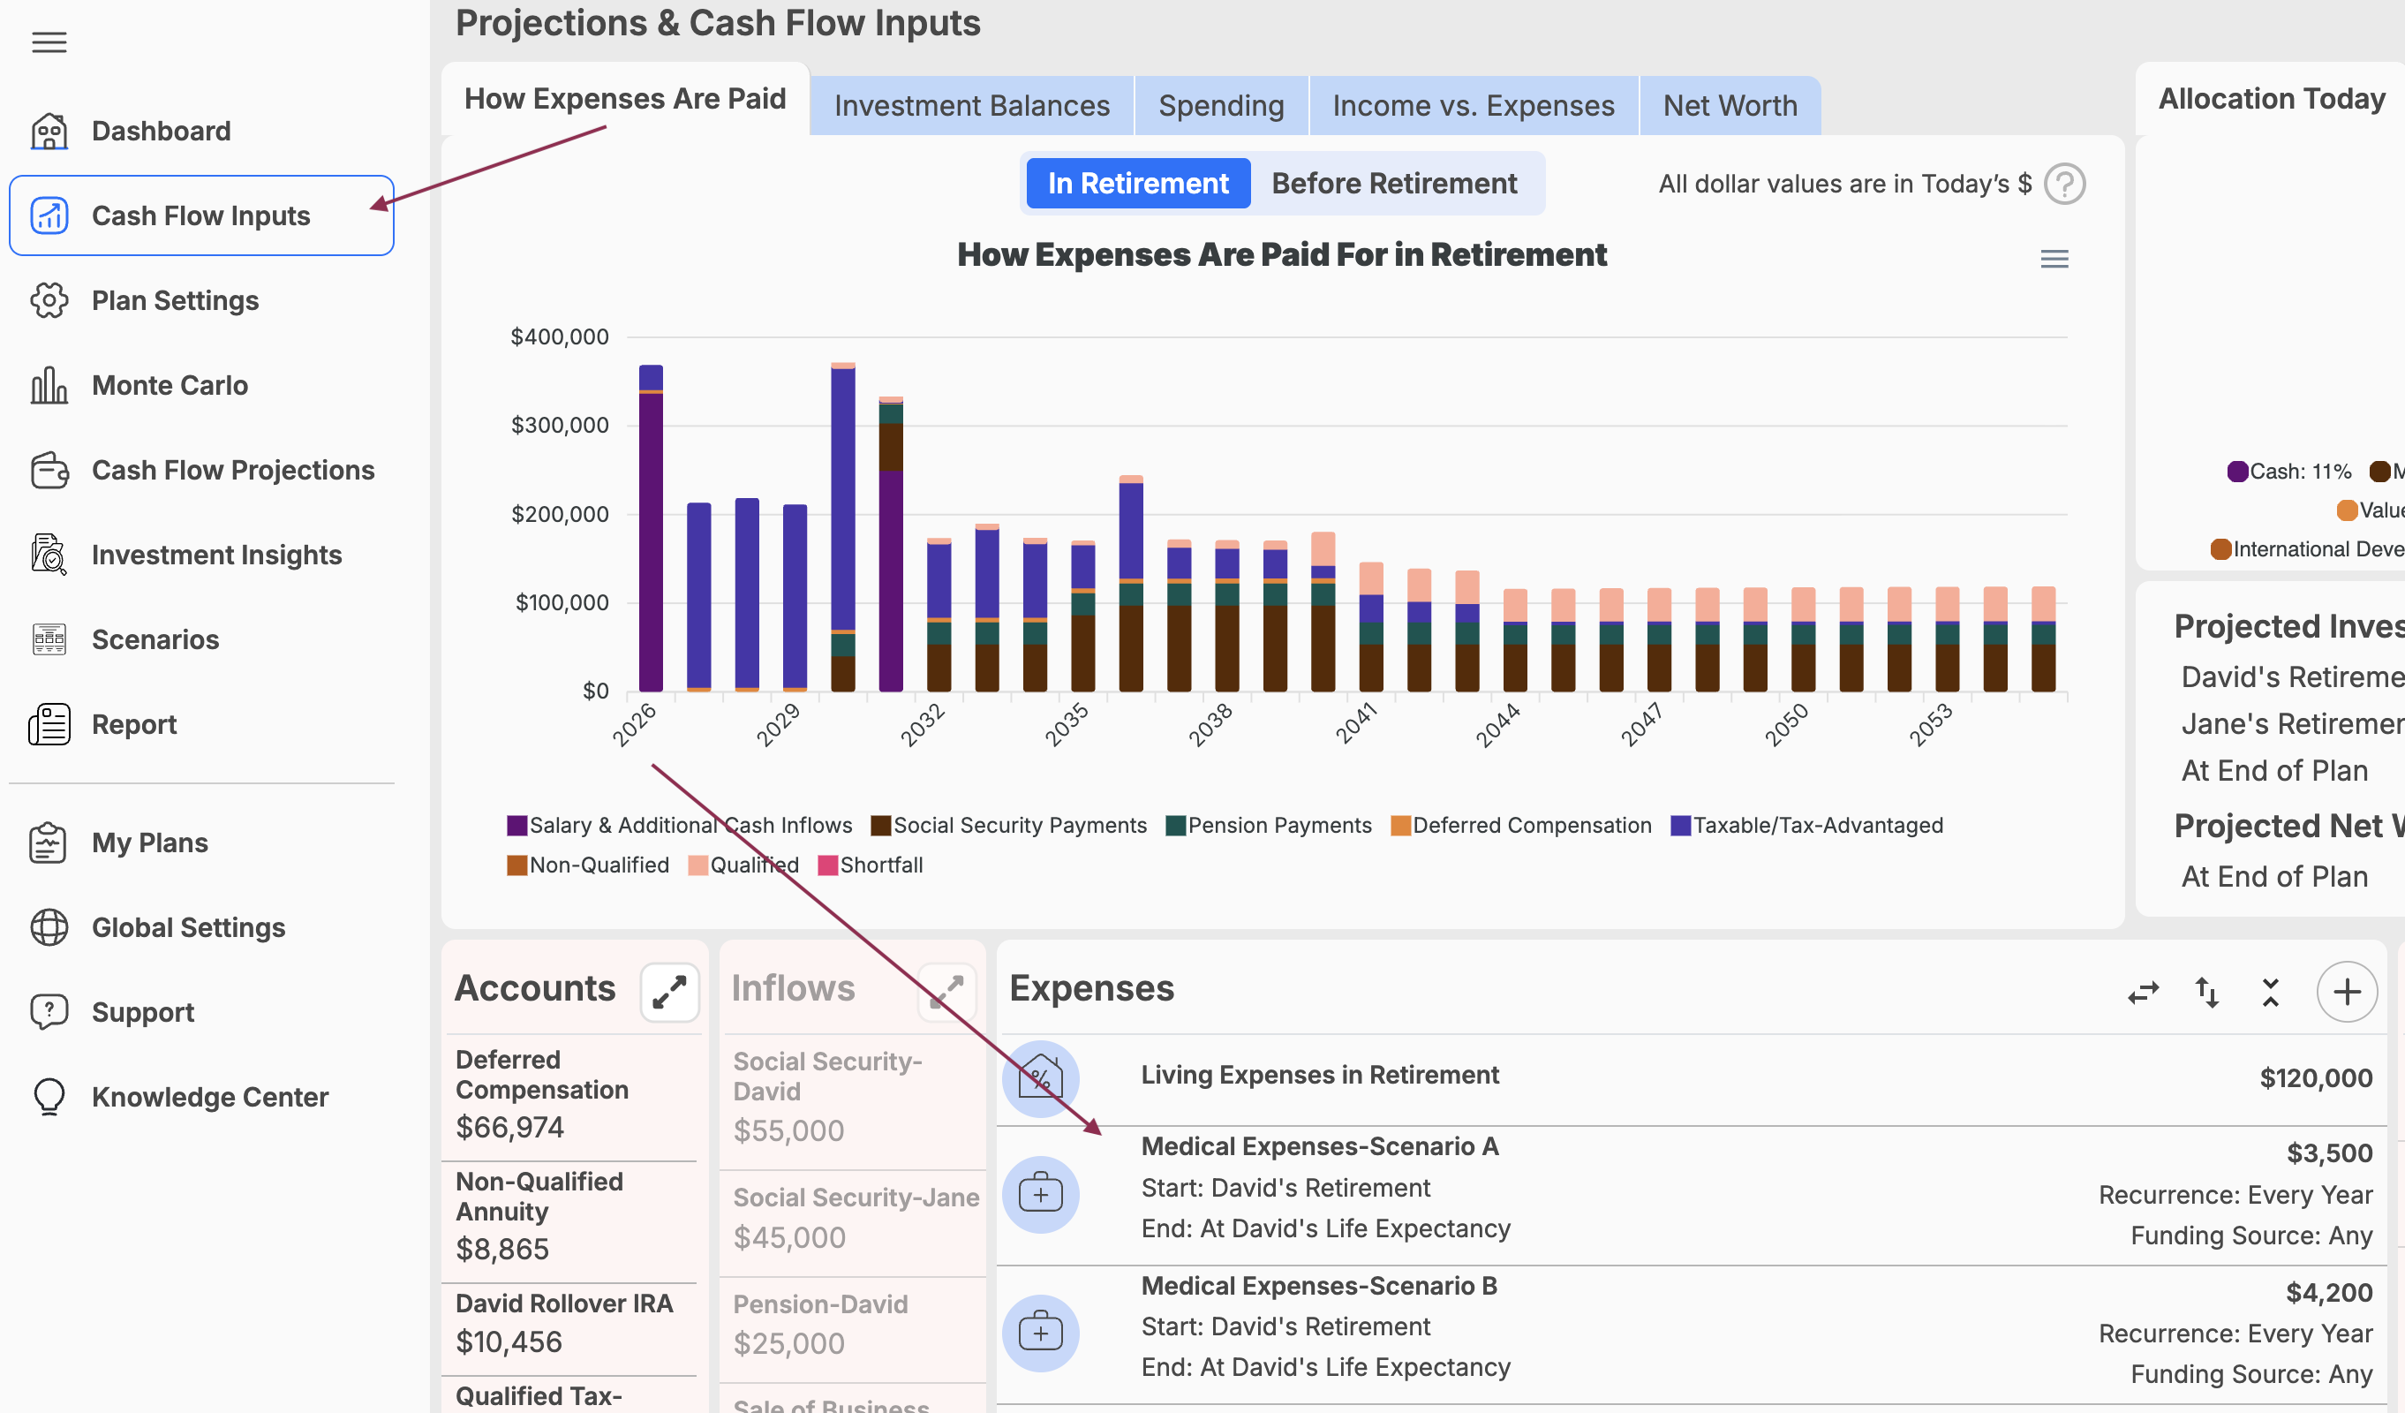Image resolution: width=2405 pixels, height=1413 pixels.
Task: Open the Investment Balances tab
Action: [x=971, y=105]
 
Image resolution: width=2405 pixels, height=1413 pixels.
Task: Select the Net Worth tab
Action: [x=1730, y=105]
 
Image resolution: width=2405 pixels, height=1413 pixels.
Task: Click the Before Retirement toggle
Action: [x=1393, y=184]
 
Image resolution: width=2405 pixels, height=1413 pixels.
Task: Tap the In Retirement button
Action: [x=1137, y=184]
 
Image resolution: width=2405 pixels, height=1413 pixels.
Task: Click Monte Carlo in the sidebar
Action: [x=169, y=386]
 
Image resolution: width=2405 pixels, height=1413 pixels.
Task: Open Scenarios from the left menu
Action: [x=155, y=639]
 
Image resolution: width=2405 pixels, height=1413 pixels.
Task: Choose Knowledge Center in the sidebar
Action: [x=209, y=1097]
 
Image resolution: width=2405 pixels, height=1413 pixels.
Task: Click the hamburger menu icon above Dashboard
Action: [x=49, y=42]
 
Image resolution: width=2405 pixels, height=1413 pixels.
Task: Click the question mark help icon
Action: [x=2064, y=185]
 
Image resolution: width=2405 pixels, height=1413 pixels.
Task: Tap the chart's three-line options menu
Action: [x=2054, y=259]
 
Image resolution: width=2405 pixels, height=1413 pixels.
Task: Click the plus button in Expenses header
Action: [x=2346, y=992]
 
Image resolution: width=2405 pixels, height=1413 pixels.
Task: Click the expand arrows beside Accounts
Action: [x=669, y=992]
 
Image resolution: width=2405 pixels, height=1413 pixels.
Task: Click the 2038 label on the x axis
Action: [x=1210, y=726]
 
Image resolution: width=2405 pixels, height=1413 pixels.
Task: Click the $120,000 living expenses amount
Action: [x=2315, y=1078]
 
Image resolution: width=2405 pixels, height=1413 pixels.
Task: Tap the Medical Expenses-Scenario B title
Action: [x=1319, y=1286]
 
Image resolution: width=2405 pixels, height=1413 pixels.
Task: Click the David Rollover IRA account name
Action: [x=564, y=1303]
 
